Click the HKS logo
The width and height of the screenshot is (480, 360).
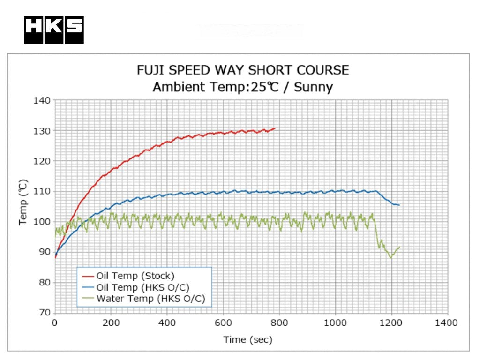pos(54,30)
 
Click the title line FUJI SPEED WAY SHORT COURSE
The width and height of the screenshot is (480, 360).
pos(243,70)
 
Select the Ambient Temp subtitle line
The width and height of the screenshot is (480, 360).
pos(243,87)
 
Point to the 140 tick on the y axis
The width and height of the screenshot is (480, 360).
pos(42,100)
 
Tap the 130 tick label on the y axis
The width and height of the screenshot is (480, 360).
pos(42,130)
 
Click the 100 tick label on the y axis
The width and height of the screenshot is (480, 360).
pos(42,221)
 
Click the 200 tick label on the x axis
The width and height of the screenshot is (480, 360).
pos(111,323)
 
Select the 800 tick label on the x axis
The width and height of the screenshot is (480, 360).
pos(279,323)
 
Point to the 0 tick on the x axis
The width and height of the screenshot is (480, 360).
pos(55,323)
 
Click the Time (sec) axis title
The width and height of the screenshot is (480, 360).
pos(247,339)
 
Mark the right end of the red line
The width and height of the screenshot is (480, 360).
pos(275,128)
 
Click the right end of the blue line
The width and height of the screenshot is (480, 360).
pos(399,205)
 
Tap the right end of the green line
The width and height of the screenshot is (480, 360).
pos(399,247)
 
